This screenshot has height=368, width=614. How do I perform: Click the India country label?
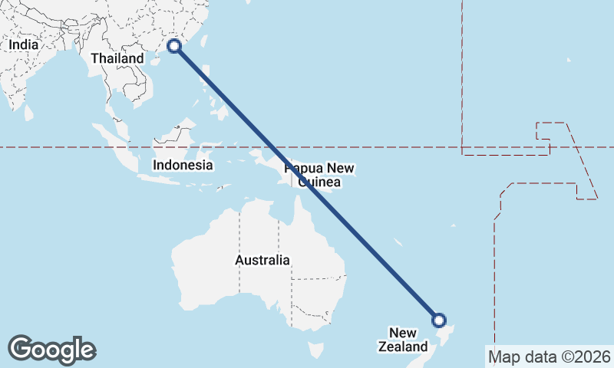(23, 45)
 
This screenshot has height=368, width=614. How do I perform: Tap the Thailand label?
(117, 58)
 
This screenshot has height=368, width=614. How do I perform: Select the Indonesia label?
(182, 165)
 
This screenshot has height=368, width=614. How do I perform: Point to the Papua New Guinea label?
(319, 175)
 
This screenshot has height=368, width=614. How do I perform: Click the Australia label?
(262, 260)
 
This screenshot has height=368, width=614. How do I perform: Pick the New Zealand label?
(402, 340)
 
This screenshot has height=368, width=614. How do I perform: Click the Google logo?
(51, 349)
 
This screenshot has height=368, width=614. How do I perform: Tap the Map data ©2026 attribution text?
(550, 356)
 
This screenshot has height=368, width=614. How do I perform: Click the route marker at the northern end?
(174, 46)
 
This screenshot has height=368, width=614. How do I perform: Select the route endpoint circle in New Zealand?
(438, 320)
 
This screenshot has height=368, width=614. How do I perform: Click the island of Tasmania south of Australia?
(315, 350)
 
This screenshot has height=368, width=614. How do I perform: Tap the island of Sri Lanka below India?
(29, 113)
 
